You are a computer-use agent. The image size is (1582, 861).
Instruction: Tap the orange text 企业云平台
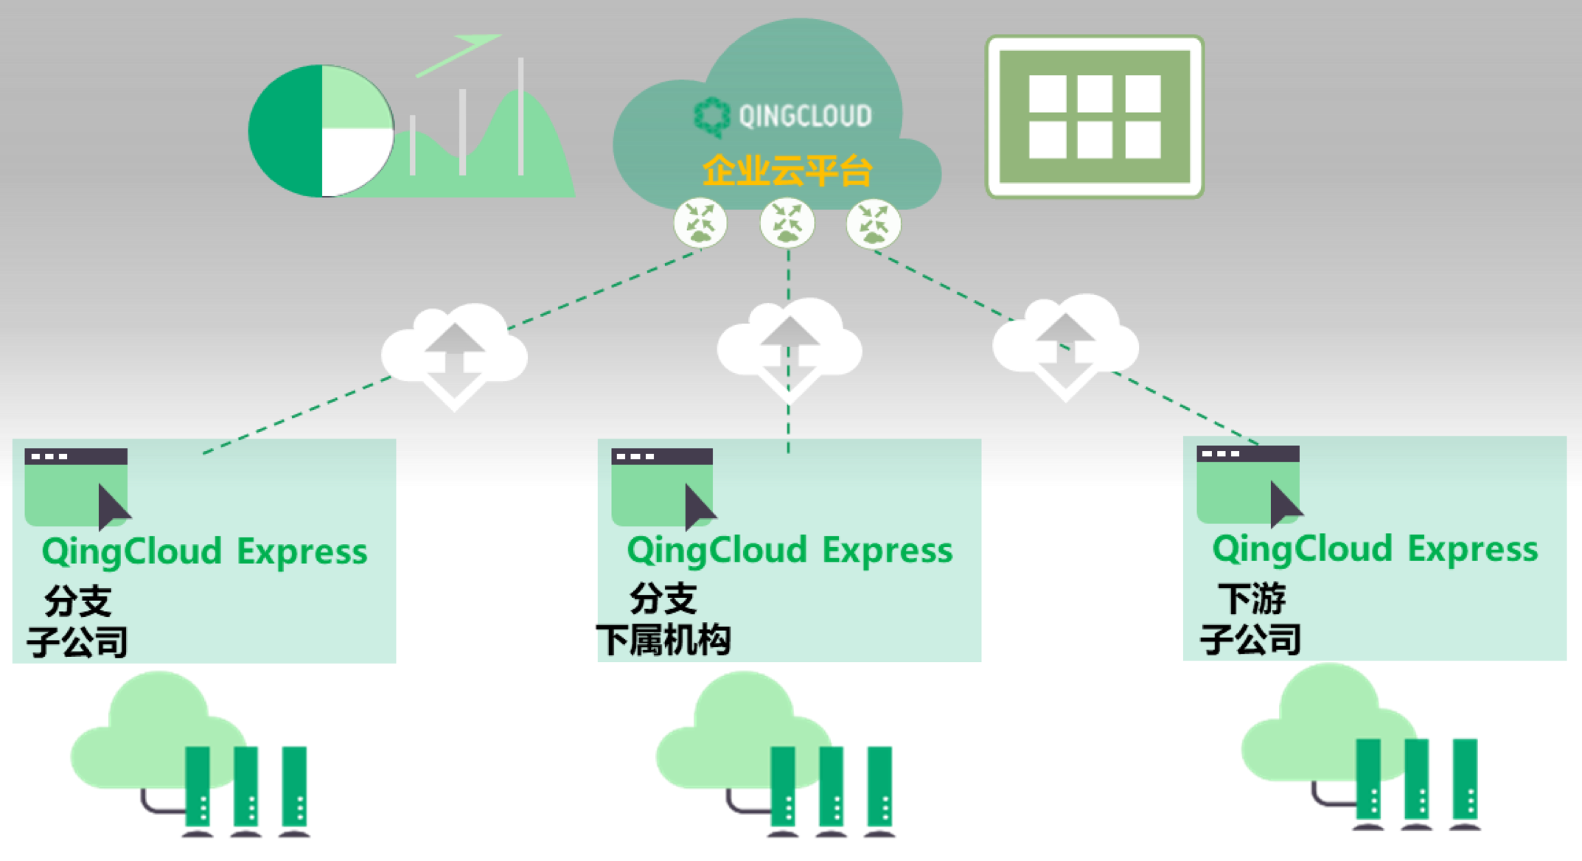click(787, 171)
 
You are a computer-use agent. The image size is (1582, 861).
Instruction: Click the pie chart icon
click(321, 131)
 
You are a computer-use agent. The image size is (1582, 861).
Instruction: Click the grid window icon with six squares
click(1094, 116)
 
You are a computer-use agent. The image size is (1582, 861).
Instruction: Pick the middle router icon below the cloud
click(787, 223)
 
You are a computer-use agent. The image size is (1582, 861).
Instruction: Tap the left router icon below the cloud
click(700, 223)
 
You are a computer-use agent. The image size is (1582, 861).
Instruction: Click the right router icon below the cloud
click(874, 223)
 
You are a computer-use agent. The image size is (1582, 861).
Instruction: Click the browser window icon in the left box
click(77, 487)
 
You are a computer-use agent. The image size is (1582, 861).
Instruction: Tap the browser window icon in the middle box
click(663, 487)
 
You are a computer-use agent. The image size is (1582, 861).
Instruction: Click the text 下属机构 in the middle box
click(663, 640)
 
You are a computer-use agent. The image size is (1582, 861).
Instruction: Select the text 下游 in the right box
click(1251, 598)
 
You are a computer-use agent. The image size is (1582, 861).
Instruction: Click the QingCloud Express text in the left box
click(204, 551)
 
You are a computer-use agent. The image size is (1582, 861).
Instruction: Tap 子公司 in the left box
click(77, 642)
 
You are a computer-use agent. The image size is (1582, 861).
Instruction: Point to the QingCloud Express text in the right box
click(1375, 549)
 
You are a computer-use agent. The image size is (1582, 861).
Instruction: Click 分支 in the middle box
click(663, 598)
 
